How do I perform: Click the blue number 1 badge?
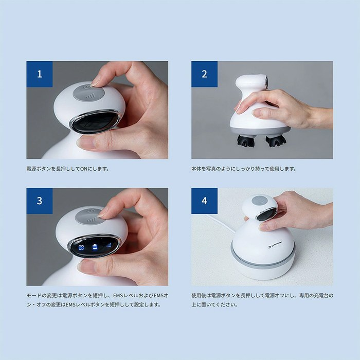(x=40, y=74)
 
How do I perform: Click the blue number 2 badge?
(x=204, y=74)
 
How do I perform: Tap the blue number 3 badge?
(x=40, y=201)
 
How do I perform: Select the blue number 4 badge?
(x=204, y=201)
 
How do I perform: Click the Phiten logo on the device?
(x=275, y=245)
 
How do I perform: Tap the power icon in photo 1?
(x=86, y=87)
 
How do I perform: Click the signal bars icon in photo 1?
(x=90, y=96)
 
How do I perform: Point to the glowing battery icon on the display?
(x=95, y=247)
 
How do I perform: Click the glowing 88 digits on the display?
(x=81, y=247)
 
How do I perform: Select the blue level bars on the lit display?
(x=109, y=245)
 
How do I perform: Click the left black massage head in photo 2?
(x=246, y=140)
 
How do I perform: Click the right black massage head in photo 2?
(x=276, y=140)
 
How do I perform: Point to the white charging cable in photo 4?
(x=220, y=224)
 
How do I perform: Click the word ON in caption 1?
(x=83, y=169)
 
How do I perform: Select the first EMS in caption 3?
(x=118, y=296)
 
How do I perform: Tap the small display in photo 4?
(x=266, y=214)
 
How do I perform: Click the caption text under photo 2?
(x=244, y=169)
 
